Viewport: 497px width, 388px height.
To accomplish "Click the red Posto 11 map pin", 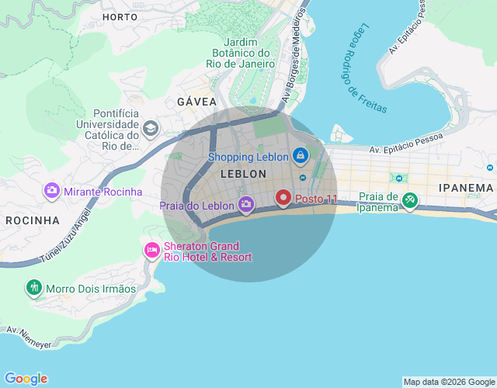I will (283, 199).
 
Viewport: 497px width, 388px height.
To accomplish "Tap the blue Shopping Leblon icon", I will (301, 156).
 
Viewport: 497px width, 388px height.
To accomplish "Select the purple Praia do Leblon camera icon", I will (245, 205).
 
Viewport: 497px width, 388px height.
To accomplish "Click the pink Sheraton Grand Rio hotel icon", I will (151, 251).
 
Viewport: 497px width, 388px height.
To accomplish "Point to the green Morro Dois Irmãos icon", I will (33, 289).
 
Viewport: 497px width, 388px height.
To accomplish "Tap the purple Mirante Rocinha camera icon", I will (52, 190).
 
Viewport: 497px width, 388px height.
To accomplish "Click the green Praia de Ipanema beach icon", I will (409, 201).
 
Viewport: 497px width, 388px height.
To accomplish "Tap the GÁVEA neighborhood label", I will (196, 102).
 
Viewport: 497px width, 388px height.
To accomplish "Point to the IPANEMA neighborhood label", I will (466, 188).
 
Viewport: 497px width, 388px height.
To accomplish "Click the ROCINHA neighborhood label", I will (33, 220).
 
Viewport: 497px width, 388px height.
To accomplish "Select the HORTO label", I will (120, 16).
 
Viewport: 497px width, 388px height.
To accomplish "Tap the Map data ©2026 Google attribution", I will (448, 382).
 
